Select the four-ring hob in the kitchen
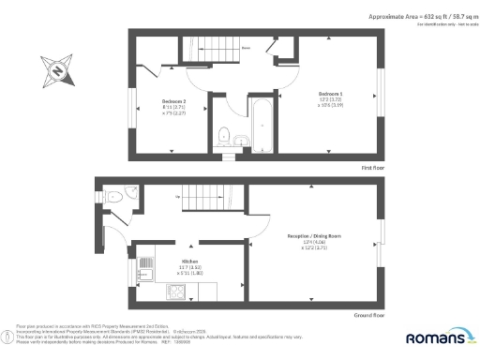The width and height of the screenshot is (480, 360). click(174, 291)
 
